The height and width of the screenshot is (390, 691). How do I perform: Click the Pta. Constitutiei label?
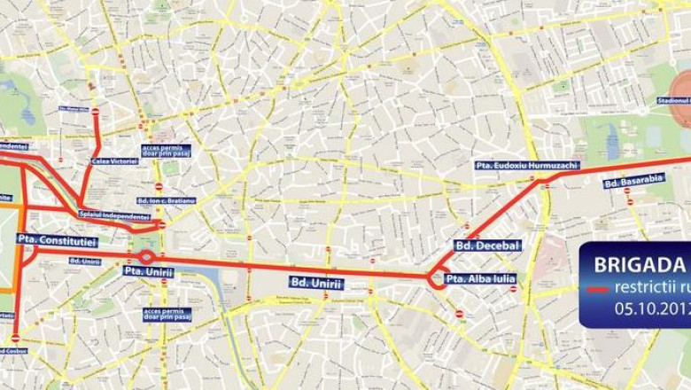[56, 240]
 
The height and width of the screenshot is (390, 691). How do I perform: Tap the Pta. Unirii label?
[147, 271]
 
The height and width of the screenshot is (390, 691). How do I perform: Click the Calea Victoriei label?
[114, 161]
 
